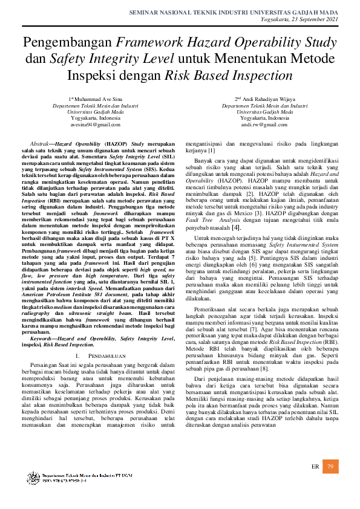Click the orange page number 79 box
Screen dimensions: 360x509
click(x=330, y=467)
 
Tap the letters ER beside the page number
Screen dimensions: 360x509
click(x=315, y=467)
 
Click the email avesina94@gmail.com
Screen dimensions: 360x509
click(x=96, y=125)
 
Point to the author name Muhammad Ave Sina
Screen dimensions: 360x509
click(x=97, y=98)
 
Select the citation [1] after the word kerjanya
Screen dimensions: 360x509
click(x=212, y=150)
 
